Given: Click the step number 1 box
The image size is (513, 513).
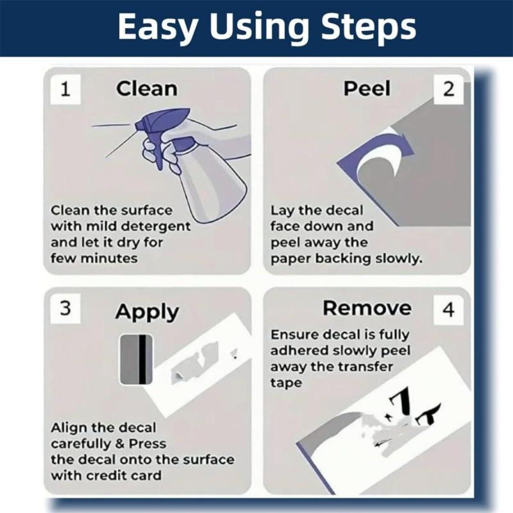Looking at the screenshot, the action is coord(65,89).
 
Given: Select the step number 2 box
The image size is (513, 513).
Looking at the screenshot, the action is coord(448,89).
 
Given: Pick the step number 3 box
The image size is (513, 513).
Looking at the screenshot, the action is coord(65,308).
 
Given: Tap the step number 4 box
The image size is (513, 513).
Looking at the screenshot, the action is coord(448,310).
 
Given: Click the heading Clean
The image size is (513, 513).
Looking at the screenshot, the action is coord(147,89).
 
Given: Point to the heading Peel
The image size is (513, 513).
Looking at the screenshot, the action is coord(367,89).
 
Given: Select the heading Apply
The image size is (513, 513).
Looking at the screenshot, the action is coord(147,312).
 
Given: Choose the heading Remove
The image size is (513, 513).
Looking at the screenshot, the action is coord(367,308).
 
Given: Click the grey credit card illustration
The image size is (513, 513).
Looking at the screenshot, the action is coord(136,360).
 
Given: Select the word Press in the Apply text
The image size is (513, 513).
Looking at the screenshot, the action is coord(147,444).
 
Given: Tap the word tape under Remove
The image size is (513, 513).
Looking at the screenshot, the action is coord(285,383).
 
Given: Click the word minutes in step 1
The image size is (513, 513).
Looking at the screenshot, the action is coord(109,259).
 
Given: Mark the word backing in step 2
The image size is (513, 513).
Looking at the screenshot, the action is coord(343,259).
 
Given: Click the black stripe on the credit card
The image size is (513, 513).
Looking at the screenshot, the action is coord(143,360).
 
